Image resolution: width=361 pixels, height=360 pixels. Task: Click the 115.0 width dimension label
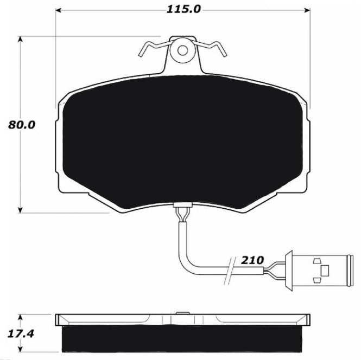[x=183, y=9]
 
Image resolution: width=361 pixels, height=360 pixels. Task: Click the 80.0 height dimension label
[x=22, y=125]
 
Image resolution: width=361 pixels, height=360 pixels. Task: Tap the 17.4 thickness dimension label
[x=21, y=333]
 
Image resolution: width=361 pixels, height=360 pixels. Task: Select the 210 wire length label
[x=252, y=260]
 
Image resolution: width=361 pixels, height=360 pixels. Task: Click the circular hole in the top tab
[x=183, y=50]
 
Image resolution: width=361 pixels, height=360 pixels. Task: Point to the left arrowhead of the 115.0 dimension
[x=59, y=10]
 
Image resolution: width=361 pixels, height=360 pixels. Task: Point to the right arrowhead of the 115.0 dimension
[x=307, y=10]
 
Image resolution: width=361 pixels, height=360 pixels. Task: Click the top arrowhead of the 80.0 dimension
[x=21, y=39]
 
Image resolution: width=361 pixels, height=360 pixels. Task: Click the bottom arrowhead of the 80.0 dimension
[x=21, y=210]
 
